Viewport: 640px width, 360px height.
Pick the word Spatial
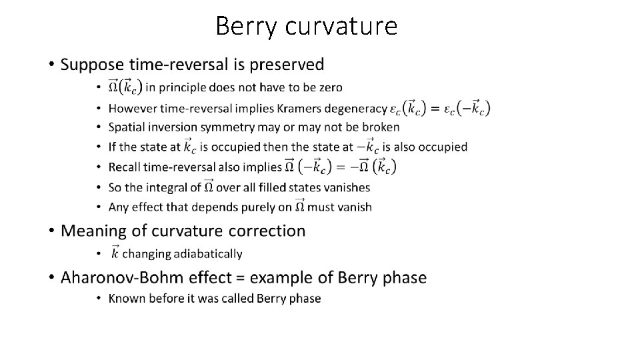click(127, 127)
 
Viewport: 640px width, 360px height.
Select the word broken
click(380, 127)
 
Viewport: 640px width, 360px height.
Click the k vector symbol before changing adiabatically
click(115, 252)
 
